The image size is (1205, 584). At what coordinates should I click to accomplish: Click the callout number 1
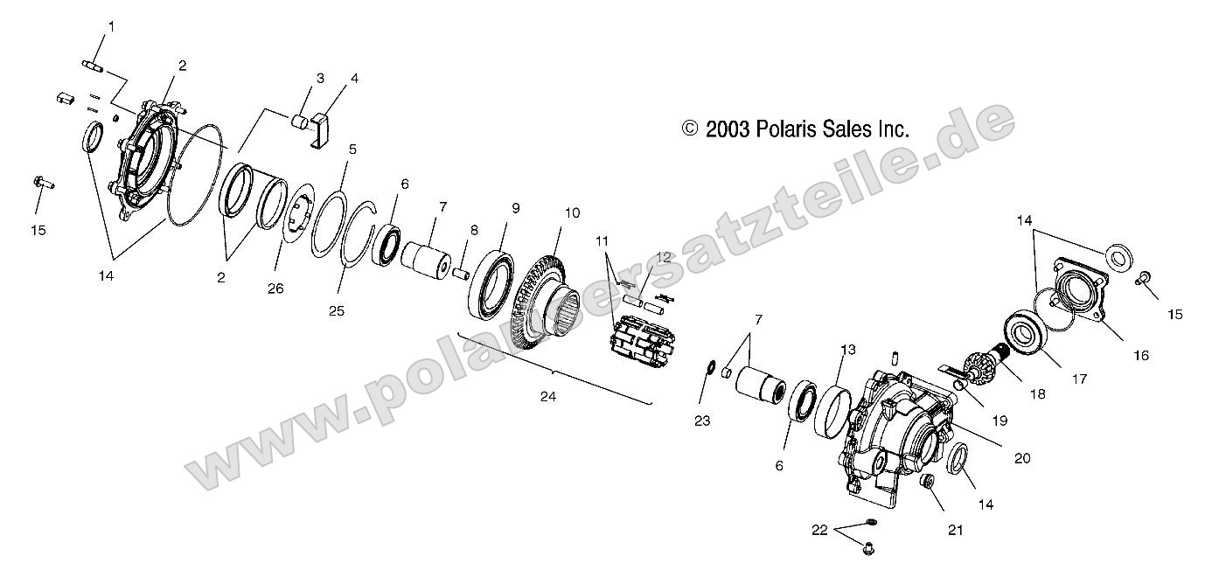[x=111, y=26]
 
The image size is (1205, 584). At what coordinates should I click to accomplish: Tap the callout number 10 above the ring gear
[x=573, y=213]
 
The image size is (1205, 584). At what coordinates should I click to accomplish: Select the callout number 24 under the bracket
[x=548, y=397]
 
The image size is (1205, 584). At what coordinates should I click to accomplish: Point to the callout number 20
[x=1022, y=458]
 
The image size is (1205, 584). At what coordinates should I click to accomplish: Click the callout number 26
[x=275, y=289]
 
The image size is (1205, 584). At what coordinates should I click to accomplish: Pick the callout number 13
[x=848, y=350]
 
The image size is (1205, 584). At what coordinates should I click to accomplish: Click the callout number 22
[x=819, y=530]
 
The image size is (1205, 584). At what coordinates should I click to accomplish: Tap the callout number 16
[x=1141, y=356]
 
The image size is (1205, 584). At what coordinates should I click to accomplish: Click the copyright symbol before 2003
[x=690, y=129]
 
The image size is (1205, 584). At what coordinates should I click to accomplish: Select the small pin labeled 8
[x=462, y=273]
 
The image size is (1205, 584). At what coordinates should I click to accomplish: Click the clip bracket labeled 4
[x=322, y=130]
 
